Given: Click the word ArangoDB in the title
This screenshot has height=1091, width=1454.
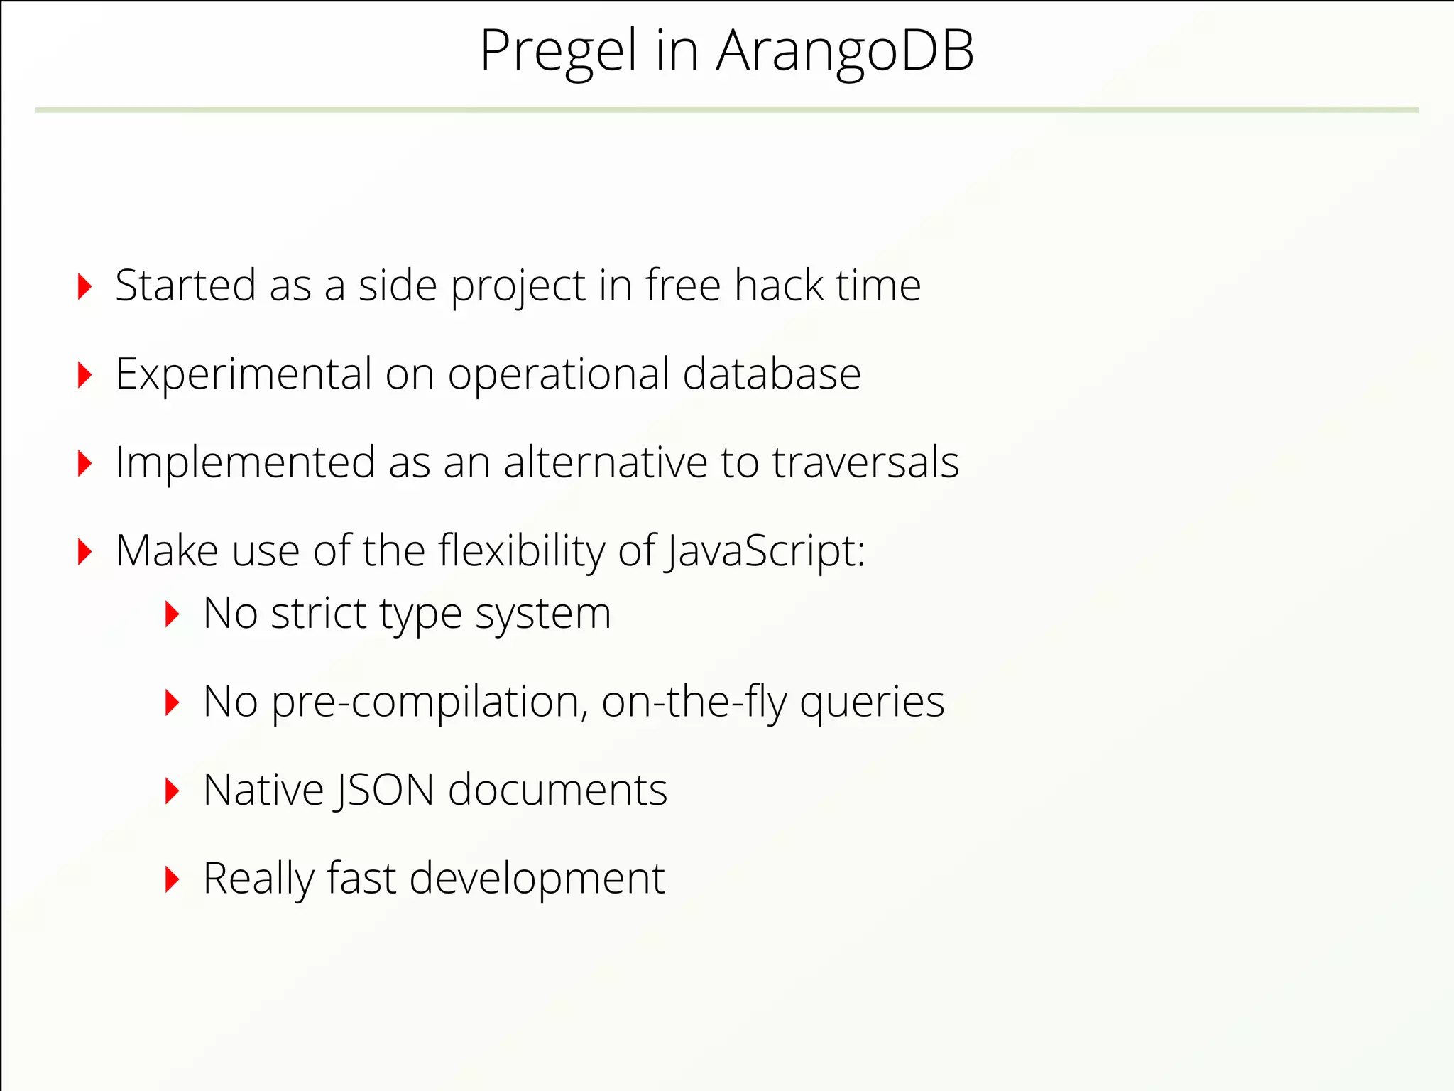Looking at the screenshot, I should click(x=845, y=51).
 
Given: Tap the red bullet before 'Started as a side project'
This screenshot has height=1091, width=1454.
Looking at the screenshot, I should click(x=84, y=286).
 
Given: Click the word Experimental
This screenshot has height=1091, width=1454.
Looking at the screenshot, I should click(x=244, y=375).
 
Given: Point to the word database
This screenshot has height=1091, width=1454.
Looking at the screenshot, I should click(x=771, y=374).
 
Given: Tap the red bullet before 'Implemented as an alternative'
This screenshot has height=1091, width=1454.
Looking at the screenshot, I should click(x=84, y=463).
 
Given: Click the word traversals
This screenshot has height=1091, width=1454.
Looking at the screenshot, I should click(x=865, y=462).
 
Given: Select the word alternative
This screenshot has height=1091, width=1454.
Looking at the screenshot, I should click(x=605, y=462).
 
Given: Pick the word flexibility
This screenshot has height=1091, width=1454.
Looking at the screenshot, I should click(x=521, y=551).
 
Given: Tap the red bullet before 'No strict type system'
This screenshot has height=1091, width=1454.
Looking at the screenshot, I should click(x=172, y=614).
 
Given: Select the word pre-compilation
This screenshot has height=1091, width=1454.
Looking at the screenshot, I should click(x=430, y=702).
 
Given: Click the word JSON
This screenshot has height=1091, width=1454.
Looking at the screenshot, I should click(x=384, y=790).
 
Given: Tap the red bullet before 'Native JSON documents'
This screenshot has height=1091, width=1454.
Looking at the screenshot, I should click(x=172, y=791).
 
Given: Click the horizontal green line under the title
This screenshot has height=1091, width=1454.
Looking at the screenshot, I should click(x=727, y=110).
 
